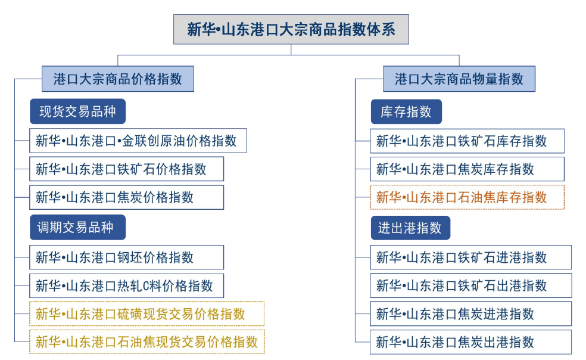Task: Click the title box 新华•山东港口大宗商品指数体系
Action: [291, 30]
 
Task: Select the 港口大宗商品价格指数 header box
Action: [118, 79]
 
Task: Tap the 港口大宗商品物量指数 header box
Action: [459, 79]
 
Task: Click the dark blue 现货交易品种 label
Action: [78, 111]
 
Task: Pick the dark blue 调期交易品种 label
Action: [78, 228]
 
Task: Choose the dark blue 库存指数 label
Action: [406, 111]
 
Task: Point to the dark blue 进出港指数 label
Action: [410, 228]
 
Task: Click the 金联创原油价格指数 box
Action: [138, 141]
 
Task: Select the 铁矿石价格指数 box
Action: [126, 169]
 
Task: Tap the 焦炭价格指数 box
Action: [126, 197]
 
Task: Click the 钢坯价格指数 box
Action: [126, 257]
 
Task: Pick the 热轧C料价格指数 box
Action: [126, 286]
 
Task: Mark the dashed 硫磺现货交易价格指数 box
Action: [147, 314]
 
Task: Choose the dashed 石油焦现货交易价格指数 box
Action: [147, 342]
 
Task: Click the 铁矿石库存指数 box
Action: [467, 141]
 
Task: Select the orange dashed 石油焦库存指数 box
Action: [467, 197]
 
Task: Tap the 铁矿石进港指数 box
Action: [470, 257]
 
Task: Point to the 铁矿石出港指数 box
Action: [470, 286]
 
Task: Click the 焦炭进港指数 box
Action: [470, 314]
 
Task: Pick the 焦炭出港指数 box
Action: [470, 342]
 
